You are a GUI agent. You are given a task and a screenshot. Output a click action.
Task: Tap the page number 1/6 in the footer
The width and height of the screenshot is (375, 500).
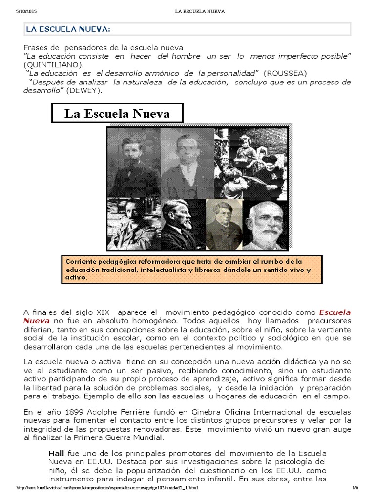click(355, 488)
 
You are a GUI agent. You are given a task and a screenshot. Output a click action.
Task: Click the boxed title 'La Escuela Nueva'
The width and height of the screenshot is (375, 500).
click(117, 114)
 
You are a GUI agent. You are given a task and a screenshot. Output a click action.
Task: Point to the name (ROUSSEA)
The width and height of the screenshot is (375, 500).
click(285, 73)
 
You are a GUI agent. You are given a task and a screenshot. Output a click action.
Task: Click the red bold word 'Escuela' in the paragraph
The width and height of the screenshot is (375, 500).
click(334, 312)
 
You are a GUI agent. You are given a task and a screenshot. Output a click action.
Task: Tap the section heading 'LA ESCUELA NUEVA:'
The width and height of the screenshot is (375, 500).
click(68, 30)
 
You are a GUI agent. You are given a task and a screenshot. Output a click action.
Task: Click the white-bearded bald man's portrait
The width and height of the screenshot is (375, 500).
click(267, 225)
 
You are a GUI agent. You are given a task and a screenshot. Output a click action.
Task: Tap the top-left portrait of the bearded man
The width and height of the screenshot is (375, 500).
click(134, 162)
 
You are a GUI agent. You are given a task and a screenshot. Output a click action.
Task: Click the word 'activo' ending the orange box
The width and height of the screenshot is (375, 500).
click(75, 278)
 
